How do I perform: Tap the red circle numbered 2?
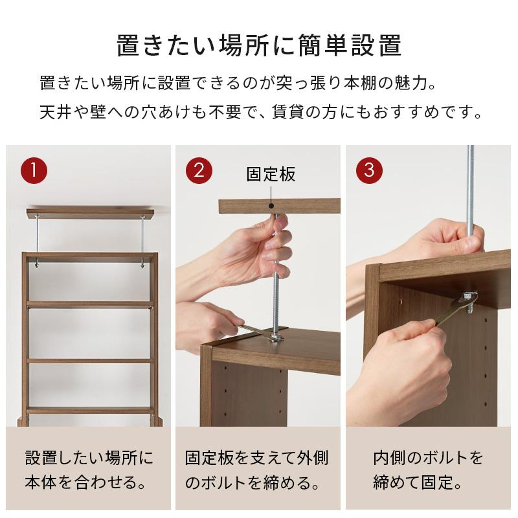(199, 170)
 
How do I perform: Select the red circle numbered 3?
(370, 170)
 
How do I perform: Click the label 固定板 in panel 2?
(271, 174)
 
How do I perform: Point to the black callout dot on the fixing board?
(271, 207)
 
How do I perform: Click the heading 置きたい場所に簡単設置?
(259, 47)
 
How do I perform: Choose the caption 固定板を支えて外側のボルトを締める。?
(257, 471)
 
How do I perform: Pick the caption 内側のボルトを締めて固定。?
(428, 471)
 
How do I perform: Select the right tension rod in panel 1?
(142, 240)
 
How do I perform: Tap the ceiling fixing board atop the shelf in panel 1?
(90, 212)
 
